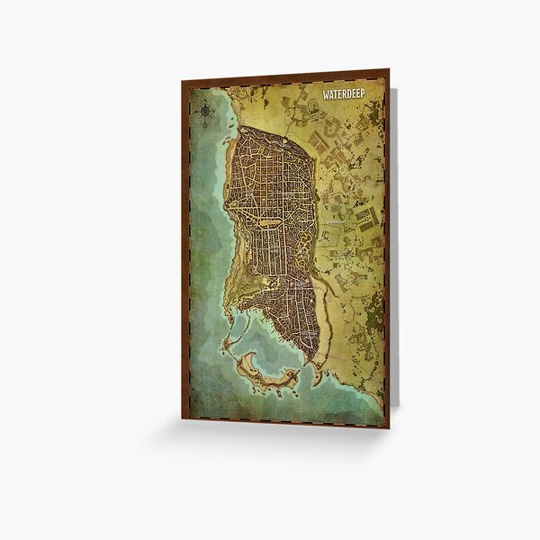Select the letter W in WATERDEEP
tap(326, 93)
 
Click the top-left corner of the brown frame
tap(183, 84)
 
